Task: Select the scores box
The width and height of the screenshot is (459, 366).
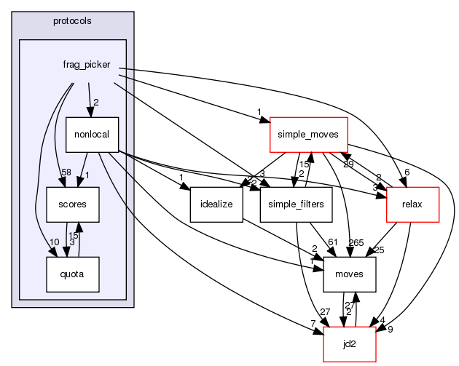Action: tap(68, 204)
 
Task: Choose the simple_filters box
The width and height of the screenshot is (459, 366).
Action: tap(296, 204)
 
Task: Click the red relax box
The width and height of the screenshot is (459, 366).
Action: tap(413, 204)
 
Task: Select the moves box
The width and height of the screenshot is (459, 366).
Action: tap(350, 274)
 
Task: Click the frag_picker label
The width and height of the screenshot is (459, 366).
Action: tap(87, 65)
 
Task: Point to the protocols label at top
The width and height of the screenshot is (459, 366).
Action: tap(72, 20)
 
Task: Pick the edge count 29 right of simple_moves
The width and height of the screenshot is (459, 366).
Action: tap(349, 165)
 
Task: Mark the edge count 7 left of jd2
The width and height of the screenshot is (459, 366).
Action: tap(313, 322)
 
